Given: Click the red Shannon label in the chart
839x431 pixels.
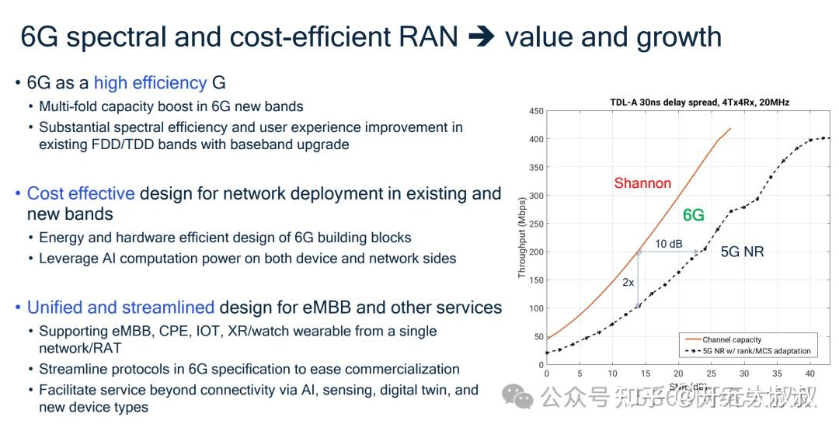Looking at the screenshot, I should point(642,183).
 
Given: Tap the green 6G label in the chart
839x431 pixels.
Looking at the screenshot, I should point(693,215).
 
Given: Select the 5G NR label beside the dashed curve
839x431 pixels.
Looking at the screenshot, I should point(742,252).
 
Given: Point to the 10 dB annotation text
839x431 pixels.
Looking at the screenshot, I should point(668,244).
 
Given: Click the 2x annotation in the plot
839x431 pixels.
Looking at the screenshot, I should point(628,283).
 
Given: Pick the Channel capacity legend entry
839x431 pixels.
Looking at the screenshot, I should point(733,340).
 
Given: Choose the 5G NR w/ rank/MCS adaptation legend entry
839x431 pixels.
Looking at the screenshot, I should point(756,351).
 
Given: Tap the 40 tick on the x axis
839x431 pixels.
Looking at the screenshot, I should point(809,374).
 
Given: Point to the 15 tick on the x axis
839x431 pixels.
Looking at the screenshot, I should point(646,374).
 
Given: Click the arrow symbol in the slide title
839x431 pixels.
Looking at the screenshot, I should point(481,37).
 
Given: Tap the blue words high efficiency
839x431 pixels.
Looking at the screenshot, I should point(150,82).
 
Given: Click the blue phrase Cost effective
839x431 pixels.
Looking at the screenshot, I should point(81,193).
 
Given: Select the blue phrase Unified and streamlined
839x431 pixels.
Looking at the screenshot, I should point(120,308).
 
